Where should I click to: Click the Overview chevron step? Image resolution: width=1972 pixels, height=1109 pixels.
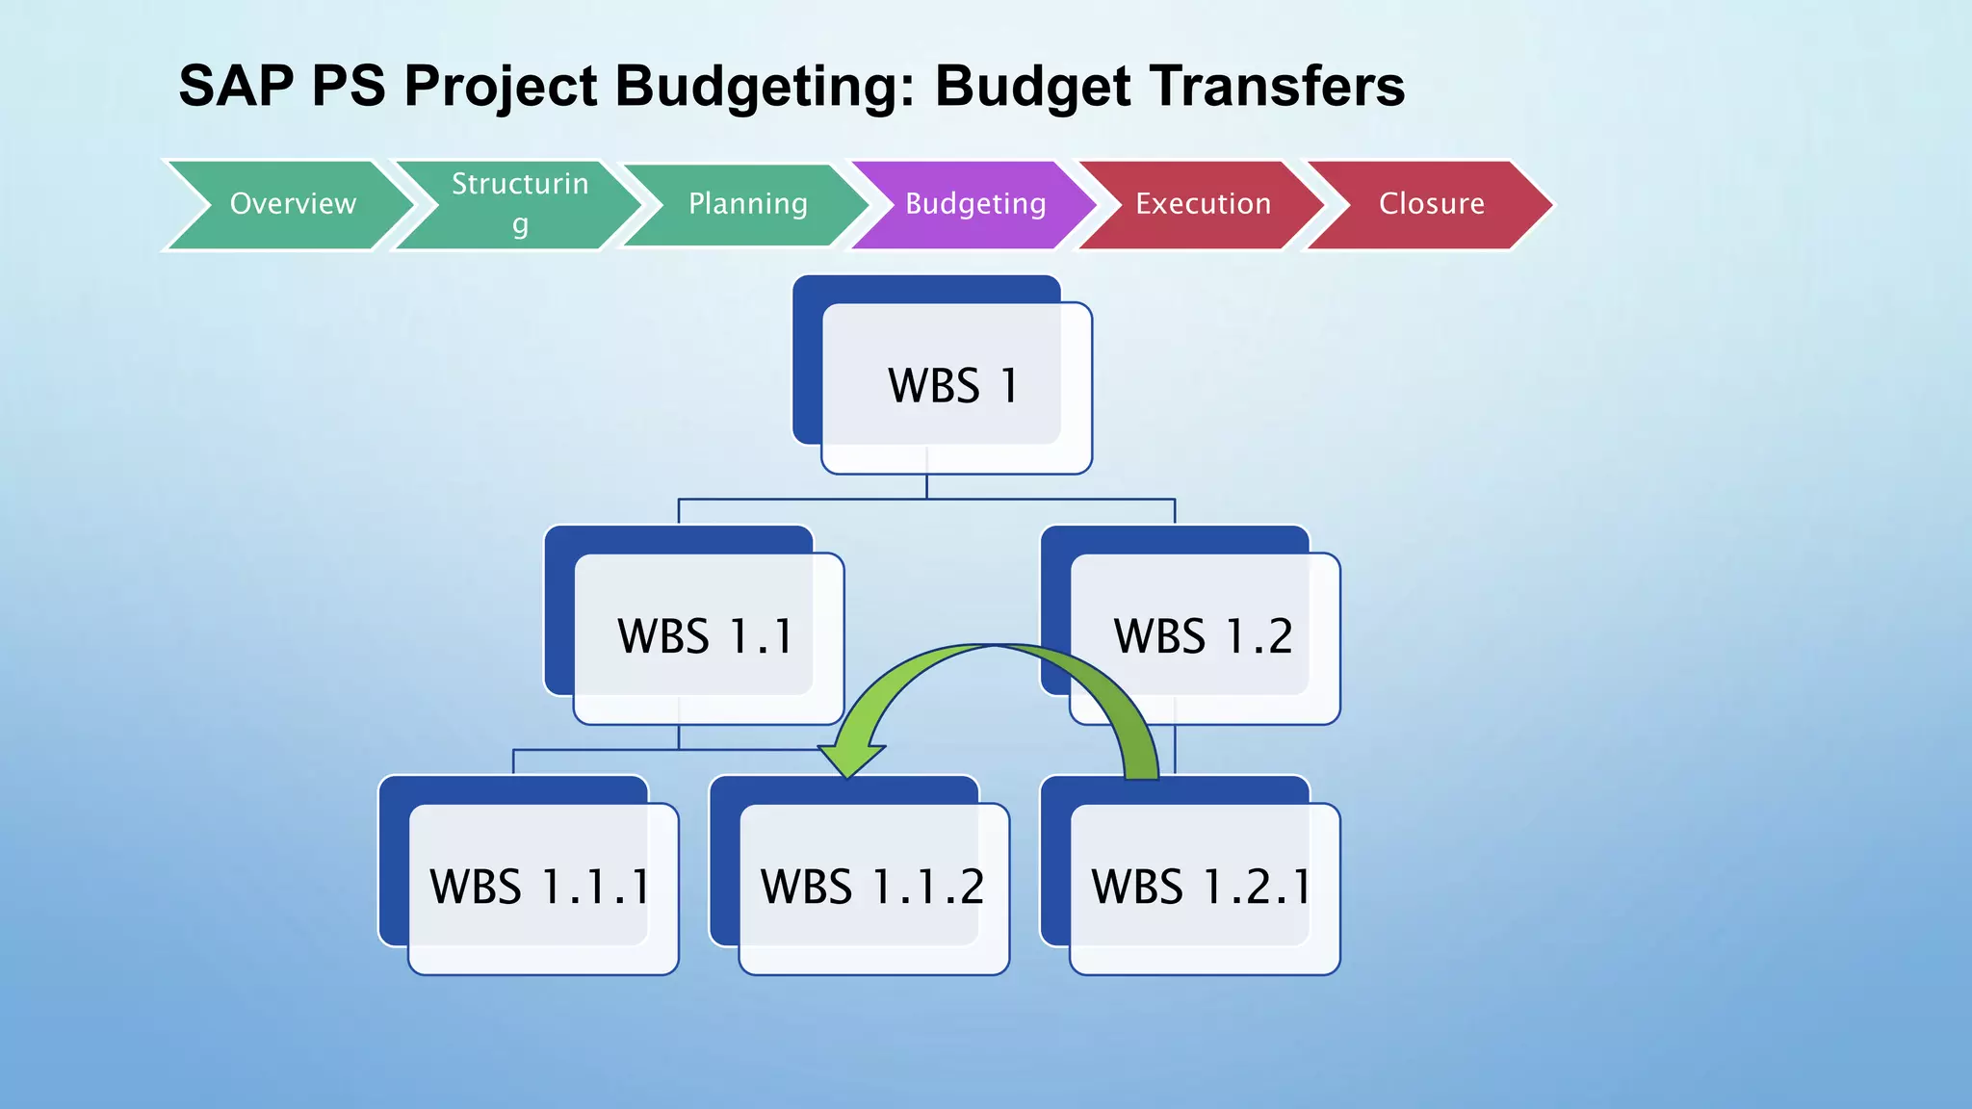(292, 204)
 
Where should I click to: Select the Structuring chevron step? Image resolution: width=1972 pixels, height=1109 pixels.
(520, 204)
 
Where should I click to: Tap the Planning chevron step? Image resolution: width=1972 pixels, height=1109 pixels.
(747, 204)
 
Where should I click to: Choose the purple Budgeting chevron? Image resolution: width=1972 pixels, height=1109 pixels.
(974, 204)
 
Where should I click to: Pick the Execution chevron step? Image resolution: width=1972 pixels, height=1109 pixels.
(1203, 204)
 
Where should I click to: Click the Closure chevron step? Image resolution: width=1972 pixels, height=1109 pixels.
(1431, 204)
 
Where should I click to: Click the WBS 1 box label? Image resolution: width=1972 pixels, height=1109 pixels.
(952, 386)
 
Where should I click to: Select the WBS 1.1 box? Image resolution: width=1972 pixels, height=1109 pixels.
(705, 636)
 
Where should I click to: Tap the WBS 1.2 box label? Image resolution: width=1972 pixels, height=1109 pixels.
(1203, 636)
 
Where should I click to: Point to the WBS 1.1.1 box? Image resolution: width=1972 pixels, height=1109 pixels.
(539, 887)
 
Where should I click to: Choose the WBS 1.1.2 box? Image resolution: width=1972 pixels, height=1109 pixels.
(871, 887)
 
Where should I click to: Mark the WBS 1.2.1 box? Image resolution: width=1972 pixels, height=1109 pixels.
(1201, 887)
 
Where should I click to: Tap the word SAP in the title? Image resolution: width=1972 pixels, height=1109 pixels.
(237, 87)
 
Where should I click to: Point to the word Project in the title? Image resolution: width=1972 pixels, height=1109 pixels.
(501, 87)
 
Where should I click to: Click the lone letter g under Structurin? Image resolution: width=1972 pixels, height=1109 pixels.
(520, 225)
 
